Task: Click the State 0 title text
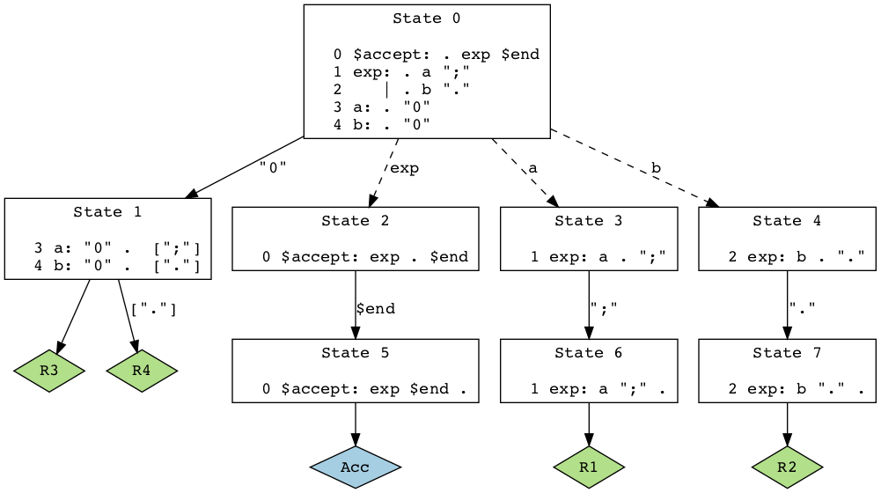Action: point(427,18)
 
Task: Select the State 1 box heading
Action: point(107,211)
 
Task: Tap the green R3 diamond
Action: point(49,371)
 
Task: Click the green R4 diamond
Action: point(142,371)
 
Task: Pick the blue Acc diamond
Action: point(355,467)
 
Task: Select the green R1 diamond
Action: point(589,467)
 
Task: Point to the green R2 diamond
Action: point(787,467)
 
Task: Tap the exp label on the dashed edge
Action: point(404,168)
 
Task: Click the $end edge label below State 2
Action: point(375,309)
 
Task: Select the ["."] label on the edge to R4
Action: point(153,309)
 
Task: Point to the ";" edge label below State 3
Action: point(604,309)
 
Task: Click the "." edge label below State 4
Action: point(802,309)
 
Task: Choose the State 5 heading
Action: point(355,352)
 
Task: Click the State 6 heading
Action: point(589,352)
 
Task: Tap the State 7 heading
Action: point(787,352)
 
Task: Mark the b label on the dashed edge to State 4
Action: point(656,168)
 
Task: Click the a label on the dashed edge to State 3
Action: point(532,168)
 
